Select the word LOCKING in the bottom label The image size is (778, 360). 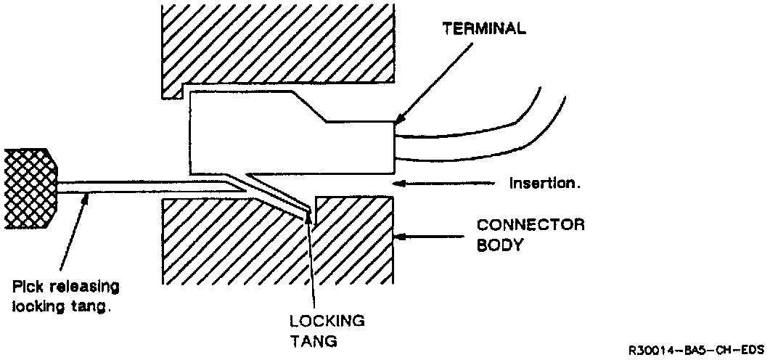[x=327, y=321]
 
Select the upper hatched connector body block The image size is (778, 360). [x=276, y=44]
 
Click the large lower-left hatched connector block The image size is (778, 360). [x=218, y=247]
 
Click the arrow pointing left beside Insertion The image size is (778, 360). [x=435, y=184]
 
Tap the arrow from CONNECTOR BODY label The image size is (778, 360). [x=428, y=236]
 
